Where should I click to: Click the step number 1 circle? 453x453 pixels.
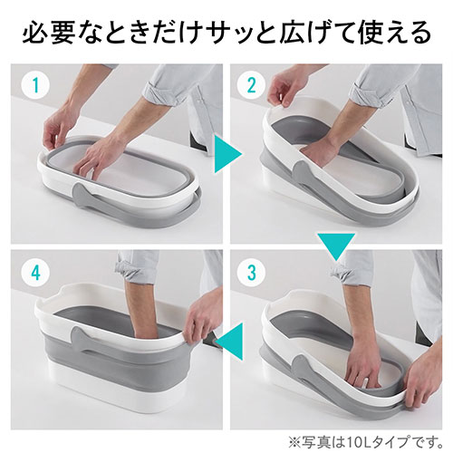[x=35, y=85]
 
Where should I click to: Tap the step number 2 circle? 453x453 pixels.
[x=251, y=85]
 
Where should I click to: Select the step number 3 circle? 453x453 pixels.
[x=251, y=274]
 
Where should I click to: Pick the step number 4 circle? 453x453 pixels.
[x=35, y=274]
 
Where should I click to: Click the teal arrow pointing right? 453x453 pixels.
[x=228, y=154]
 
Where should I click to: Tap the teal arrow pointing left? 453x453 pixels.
[x=229, y=342]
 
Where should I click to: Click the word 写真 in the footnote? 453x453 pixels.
[x=314, y=442]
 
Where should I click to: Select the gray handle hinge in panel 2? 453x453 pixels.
[x=301, y=175]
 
